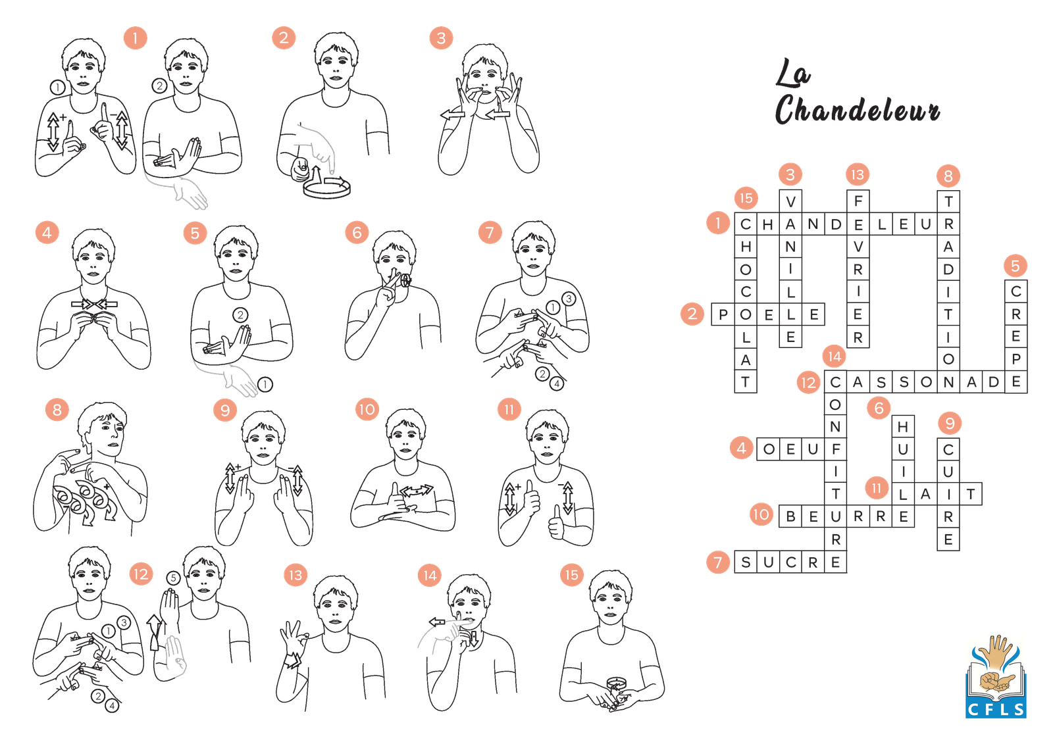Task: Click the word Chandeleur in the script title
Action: (857, 109)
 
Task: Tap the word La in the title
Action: (792, 72)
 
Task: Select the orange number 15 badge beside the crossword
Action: (746, 198)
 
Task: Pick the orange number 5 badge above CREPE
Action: (1015, 266)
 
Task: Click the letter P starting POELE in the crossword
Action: (723, 315)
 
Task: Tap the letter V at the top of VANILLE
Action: (790, 202)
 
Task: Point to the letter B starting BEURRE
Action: (790, 517)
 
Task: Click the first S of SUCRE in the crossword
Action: (746, 562)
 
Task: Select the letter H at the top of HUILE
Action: (903, 427)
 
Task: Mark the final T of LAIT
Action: (971, 495)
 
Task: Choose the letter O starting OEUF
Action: (769, 449)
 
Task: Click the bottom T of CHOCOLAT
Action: (746, 382)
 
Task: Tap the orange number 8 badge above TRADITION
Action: (948, 176)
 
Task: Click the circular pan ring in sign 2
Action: (326, 189)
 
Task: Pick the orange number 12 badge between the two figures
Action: (141, 574)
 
